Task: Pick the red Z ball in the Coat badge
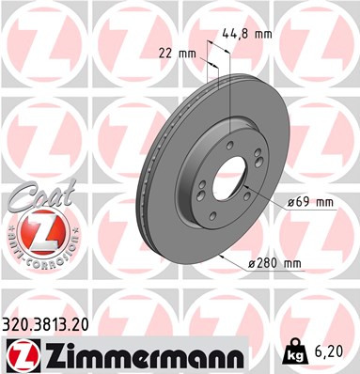pyautogui.click(x=38, y=231)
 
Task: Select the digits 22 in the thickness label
pyautogui.click(x=170, y=53)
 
